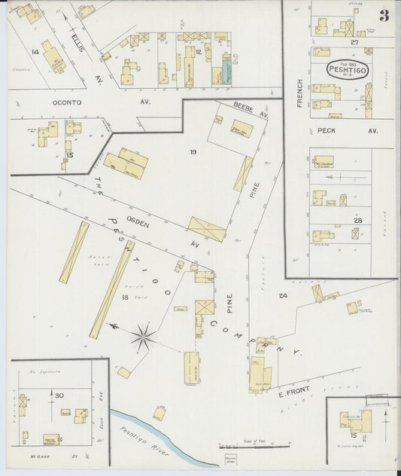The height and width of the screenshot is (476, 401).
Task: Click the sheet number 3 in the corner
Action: point(384,17)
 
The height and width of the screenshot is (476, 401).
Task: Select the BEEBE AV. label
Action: point(250,111)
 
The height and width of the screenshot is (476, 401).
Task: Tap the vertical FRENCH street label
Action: point(299,93)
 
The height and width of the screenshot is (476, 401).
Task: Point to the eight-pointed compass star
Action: point(142,337)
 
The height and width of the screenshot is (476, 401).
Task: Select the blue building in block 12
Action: point(225,73)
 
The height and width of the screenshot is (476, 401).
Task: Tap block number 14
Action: point(35,51)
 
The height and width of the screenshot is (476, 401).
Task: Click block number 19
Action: point(193,153)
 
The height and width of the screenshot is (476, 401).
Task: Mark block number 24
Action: point(284,296)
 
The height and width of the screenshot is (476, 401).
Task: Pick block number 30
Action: point(57,394)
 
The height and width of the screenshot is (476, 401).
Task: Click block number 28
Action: point(357,219)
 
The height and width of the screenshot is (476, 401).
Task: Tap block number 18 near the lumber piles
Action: point(124,298)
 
